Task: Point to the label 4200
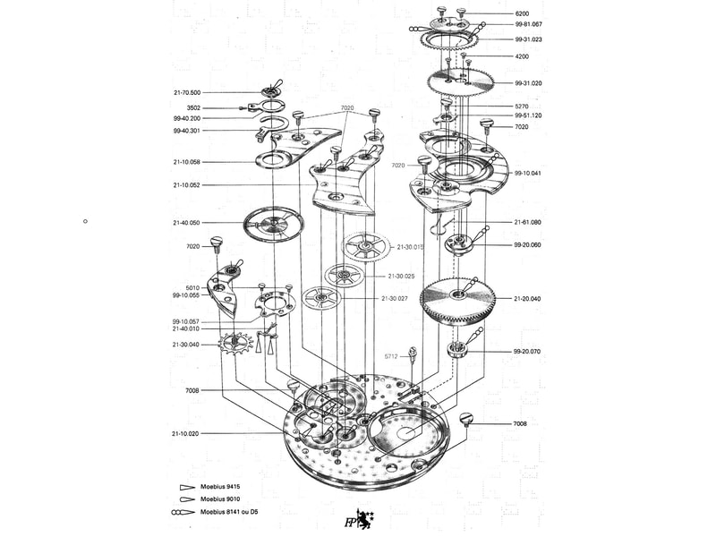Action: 522,56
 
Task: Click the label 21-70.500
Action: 187,92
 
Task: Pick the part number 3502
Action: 193,107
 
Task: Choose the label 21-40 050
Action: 187,222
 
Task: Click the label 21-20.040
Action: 528,298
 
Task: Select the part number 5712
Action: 391,356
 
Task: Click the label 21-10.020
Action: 187,433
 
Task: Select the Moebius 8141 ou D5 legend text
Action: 229,512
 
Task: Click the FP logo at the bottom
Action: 351,519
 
